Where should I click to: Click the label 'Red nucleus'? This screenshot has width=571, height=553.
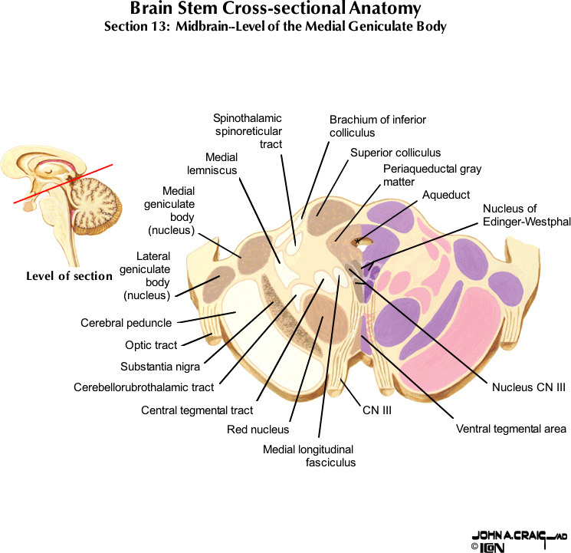click(258, 430)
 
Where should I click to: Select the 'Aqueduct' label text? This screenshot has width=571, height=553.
click(446, 196)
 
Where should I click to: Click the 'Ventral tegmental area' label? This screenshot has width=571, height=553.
click(510, 428)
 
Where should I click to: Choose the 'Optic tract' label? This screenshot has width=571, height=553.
click(151, 345)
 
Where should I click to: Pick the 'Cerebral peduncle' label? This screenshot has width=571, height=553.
click(126, 323)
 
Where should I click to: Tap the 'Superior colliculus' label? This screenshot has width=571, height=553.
click(395, 153)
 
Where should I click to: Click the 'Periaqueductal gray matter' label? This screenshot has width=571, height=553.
click(432, 176)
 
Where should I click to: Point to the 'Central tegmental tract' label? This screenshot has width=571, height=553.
click(197, 410)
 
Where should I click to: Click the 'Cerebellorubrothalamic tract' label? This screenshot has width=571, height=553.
click(144, 387)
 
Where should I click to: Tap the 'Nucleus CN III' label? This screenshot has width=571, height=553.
click(528, 387)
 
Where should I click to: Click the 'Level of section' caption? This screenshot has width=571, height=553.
click(69, 276)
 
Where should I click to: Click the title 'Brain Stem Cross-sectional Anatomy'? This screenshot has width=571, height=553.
click(275, 10)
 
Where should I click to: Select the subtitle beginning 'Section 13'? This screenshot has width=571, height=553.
click(275, 27)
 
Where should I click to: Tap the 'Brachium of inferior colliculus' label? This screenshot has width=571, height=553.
click(378, 126)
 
